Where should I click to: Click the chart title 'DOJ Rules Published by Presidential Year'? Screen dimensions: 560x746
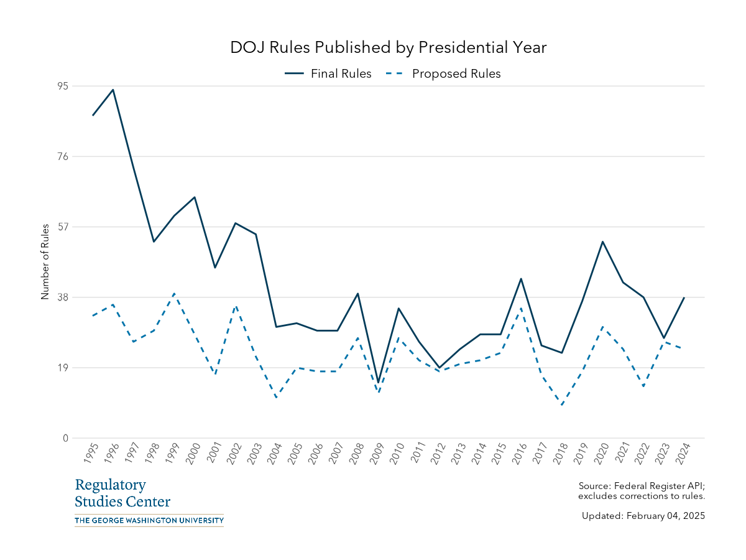point(389,48)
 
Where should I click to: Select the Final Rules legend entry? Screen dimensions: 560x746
point(328,73)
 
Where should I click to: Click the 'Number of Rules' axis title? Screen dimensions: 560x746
point(45,262)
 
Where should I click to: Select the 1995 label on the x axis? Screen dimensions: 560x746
point(91,454)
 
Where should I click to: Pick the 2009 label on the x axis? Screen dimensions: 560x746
point(376,454)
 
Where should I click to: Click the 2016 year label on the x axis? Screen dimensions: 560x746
point(519,454)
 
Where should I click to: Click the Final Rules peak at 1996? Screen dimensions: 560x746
point(113,90)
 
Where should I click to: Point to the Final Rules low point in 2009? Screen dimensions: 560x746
point(378,382)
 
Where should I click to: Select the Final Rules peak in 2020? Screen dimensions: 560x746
point(602,241)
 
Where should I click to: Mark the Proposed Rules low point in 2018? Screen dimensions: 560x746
point(562,405)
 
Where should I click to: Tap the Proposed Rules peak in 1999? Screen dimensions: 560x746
point(174,293)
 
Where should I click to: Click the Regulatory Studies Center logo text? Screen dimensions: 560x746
point(122,493)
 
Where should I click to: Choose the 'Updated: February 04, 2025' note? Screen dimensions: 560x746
point(643,516)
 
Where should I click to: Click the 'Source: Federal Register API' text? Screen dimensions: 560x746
point(641,486)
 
